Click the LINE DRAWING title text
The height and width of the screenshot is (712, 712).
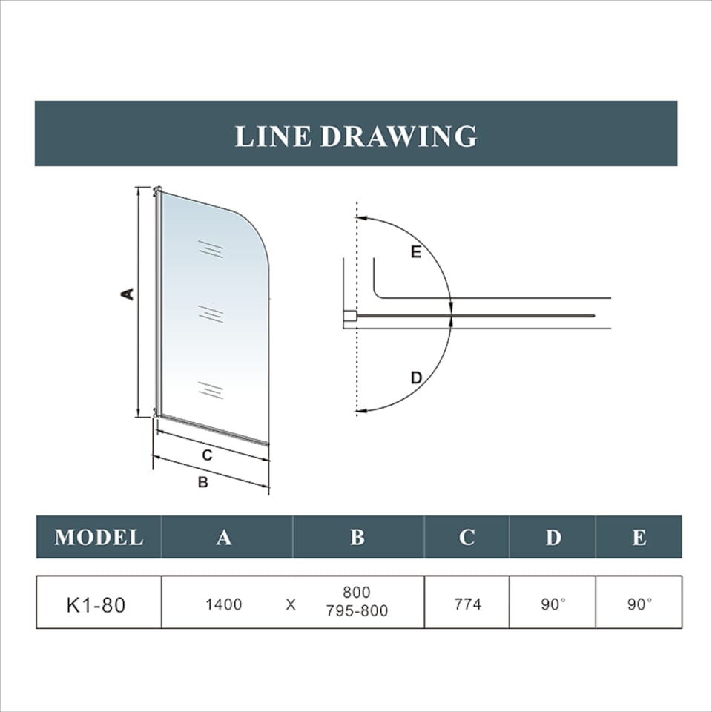coord(356,136)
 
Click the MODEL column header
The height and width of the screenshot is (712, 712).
coord(99,537)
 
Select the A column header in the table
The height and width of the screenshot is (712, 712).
coord(224,537)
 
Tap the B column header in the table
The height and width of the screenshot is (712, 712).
coord(357,537)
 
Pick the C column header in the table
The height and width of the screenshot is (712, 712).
coord(467,537)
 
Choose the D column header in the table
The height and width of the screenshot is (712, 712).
coord(553,537)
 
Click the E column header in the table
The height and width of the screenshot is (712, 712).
coord(639,537)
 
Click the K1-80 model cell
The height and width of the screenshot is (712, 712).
coord(96,604)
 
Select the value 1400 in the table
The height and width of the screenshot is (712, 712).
coord(224,604)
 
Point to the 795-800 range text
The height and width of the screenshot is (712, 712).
coord(357,612)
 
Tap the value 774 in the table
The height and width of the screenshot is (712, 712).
coord(467,604)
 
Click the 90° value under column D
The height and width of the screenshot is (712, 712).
coord(553,604)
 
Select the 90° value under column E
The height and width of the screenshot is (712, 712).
coord(639,604)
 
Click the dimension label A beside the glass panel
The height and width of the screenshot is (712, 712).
coord(128,294)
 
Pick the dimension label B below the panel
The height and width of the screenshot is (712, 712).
coord(202,482)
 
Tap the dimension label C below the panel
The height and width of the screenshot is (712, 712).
coord(208,455)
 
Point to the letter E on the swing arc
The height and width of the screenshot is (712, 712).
coord(416,252)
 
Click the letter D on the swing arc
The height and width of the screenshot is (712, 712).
coord(416,378)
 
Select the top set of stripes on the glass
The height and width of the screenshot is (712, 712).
coord(211,249)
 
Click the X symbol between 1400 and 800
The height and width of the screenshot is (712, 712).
coord(291,604)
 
